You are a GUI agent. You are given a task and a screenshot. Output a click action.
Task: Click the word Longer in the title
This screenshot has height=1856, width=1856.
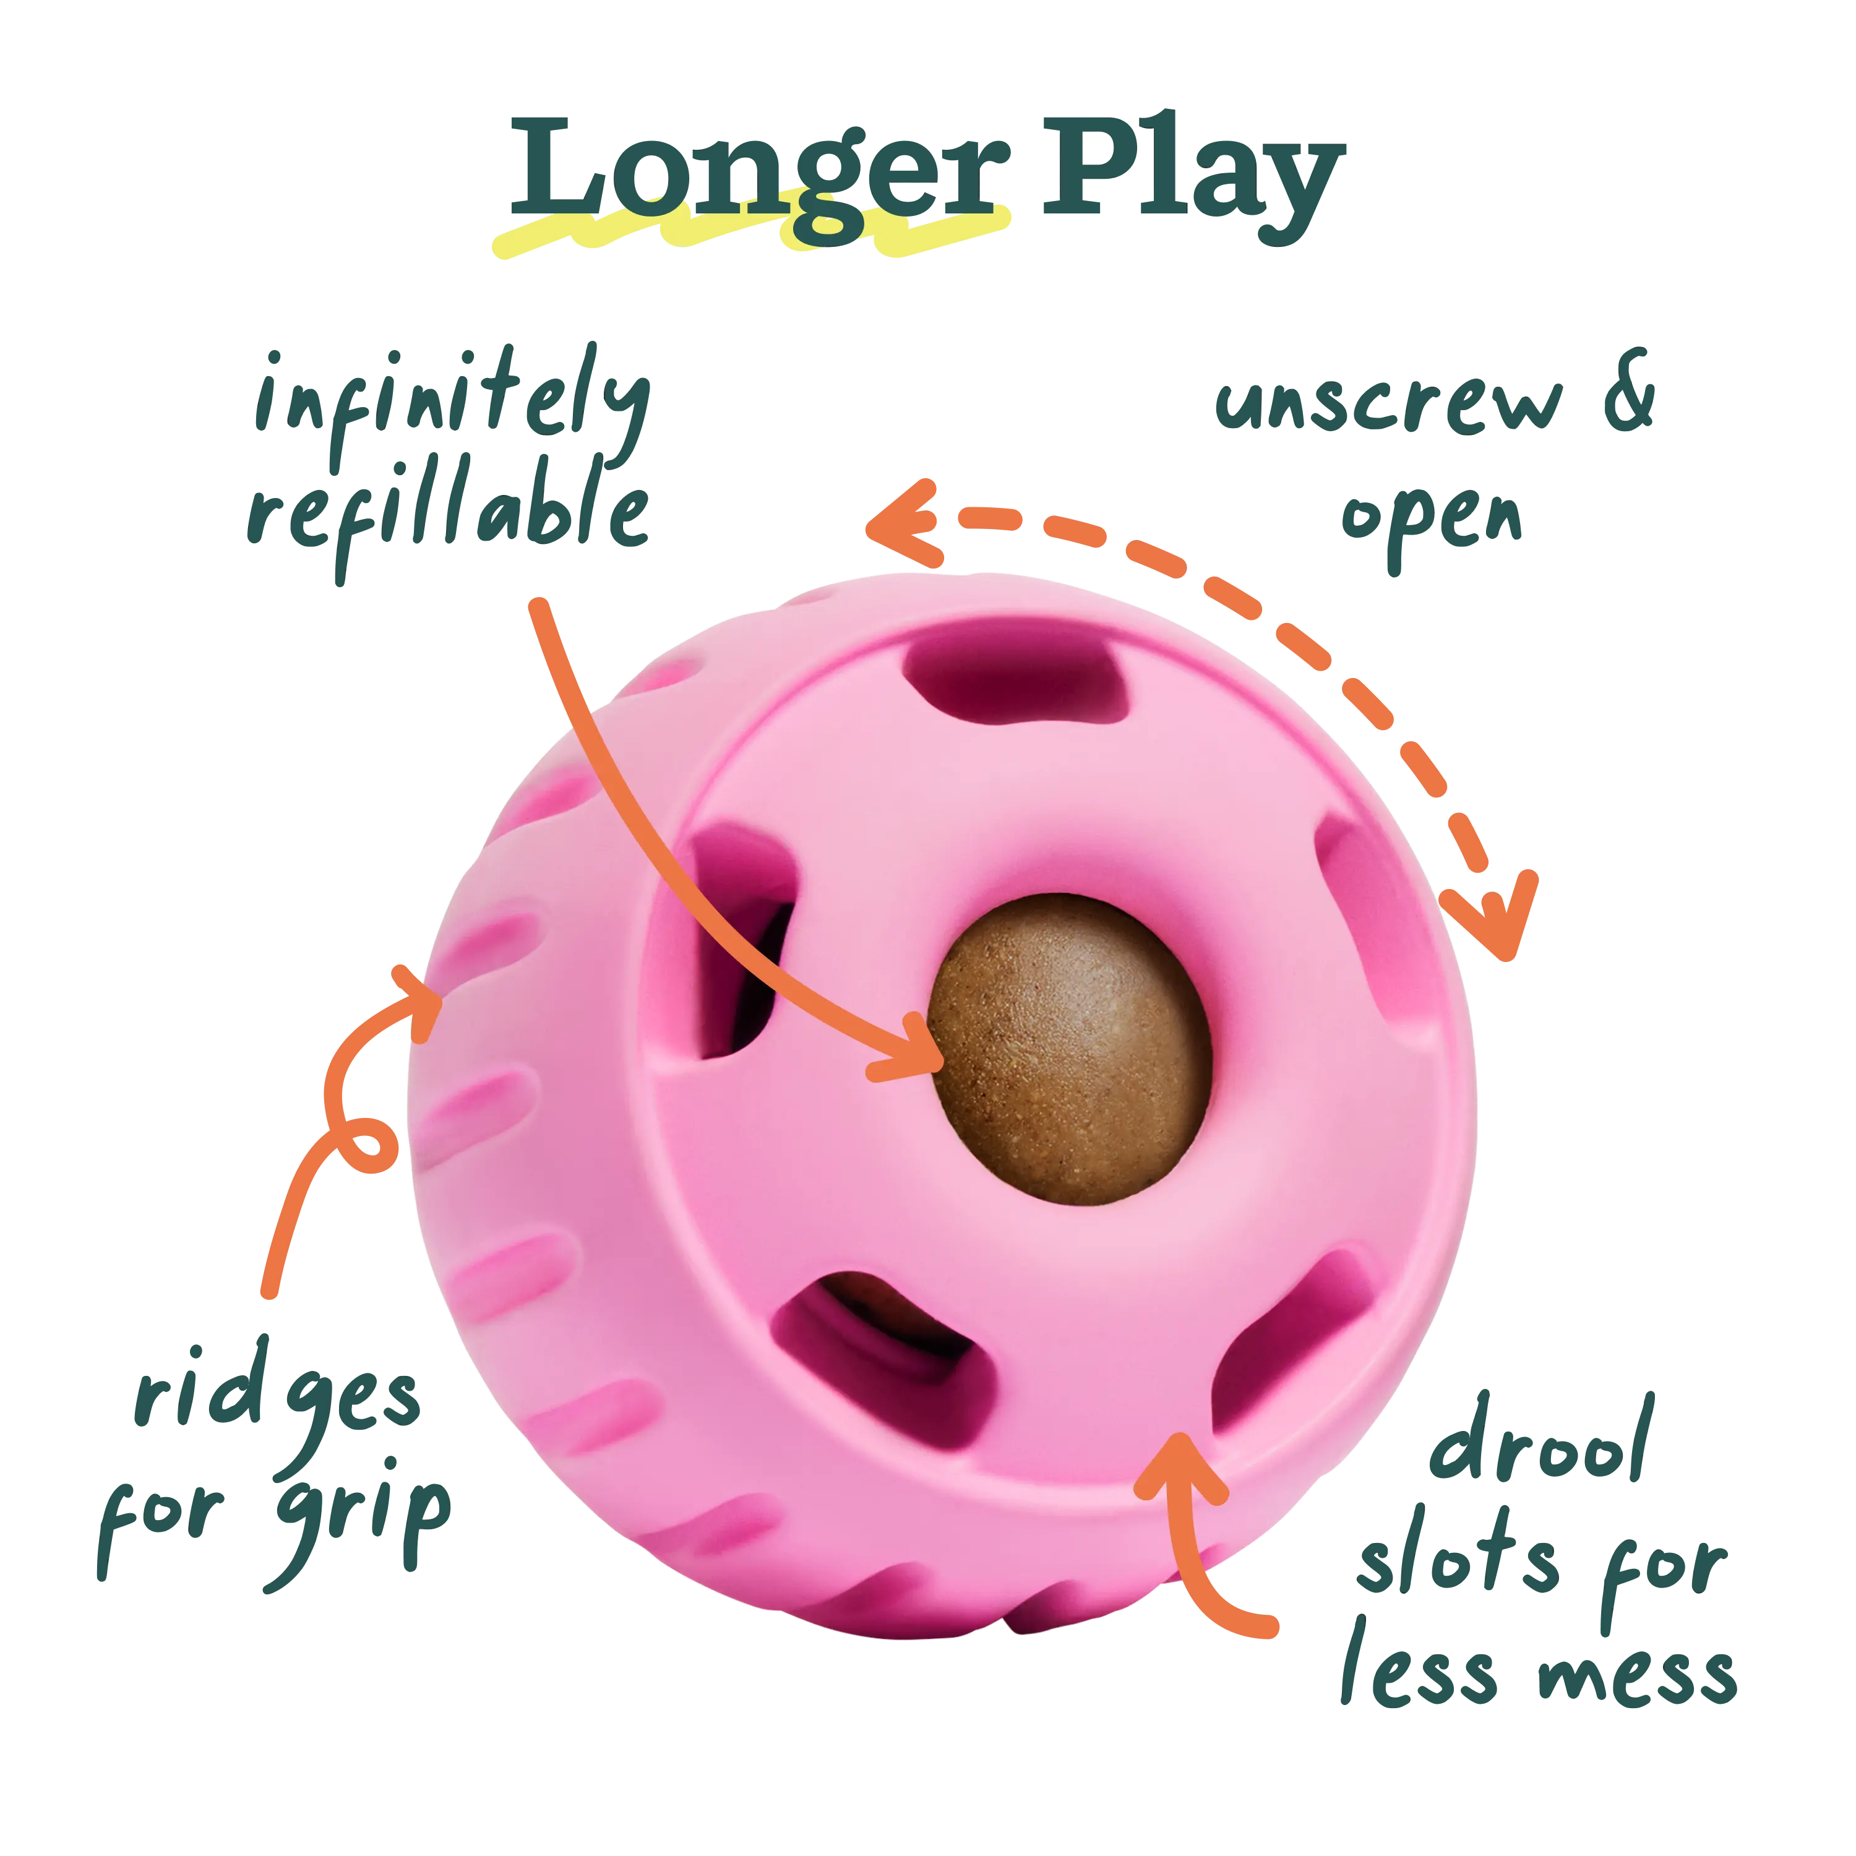(x=759, y=178)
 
